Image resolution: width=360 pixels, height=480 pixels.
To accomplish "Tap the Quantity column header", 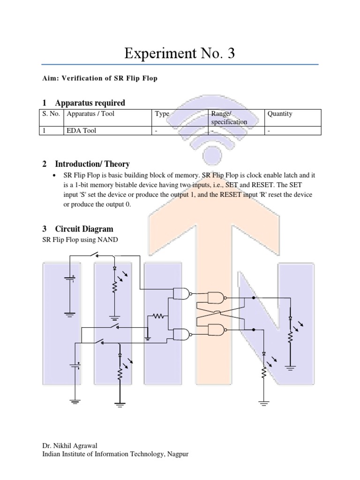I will point(280,114).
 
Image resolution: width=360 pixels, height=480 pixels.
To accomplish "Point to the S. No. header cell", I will point(51,114).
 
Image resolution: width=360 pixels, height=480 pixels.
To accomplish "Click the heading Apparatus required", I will point(90,103).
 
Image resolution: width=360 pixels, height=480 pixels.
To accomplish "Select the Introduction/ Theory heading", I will point(92,164).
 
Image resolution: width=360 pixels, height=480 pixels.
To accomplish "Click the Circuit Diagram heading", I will point(84,229).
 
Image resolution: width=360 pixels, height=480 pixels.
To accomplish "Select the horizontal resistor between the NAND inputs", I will point(159,316).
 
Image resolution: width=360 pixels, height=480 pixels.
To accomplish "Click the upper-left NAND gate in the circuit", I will point(182,294).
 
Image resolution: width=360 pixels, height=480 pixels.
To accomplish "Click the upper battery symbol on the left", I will point(70,280).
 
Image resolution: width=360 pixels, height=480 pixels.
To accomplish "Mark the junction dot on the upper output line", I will point(254,297).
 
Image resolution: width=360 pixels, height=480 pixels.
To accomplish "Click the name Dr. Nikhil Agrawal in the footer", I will point(69,446).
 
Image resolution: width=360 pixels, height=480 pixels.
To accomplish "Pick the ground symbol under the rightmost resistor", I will point(291,368).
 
